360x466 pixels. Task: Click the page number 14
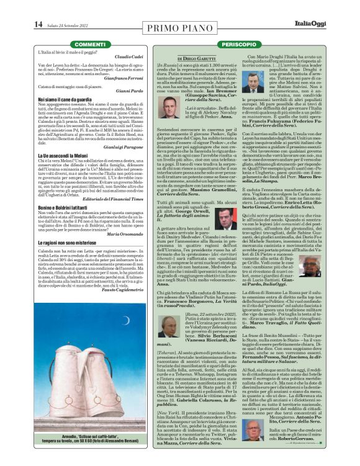[x=38, y=24]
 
